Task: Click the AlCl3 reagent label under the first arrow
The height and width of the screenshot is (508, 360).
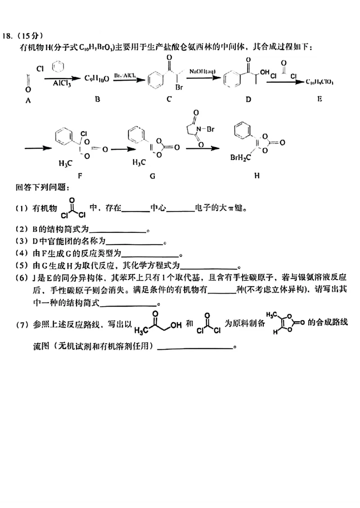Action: coord(55,83)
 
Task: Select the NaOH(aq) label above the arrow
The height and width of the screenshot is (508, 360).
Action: coord(202,71)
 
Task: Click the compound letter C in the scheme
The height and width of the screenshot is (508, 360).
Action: coord(169,99)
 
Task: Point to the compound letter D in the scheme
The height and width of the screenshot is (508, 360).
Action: coord(248,99)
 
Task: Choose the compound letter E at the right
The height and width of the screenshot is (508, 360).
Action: coord(319,99)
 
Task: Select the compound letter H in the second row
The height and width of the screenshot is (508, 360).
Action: coord(256,176)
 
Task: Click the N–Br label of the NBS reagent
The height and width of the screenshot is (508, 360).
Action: coord(208,129)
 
